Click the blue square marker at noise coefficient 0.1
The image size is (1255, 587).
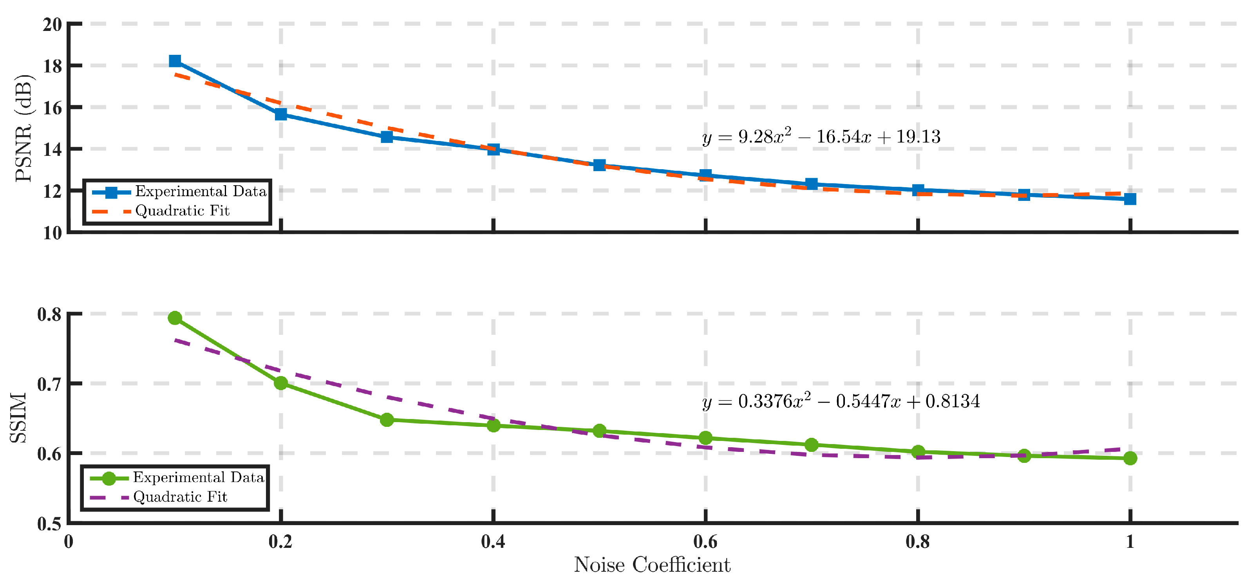175,61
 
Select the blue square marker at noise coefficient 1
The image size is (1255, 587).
1130,199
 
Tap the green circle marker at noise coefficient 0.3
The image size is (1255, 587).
387,419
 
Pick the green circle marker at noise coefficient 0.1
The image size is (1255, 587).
175,318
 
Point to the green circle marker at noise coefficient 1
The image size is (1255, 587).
1130,458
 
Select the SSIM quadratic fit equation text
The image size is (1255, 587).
841,401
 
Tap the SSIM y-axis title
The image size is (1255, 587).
18,418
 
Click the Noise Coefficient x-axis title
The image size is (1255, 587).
652,565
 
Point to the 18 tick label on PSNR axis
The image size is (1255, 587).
52,66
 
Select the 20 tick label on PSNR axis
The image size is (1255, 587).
52,24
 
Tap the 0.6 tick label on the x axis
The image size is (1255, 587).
705,542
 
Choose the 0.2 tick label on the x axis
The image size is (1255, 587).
280,542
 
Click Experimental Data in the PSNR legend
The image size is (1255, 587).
201,191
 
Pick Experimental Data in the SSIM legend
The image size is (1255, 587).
199,477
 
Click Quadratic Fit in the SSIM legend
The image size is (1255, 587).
180,497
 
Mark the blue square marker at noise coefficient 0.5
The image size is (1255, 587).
599,165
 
